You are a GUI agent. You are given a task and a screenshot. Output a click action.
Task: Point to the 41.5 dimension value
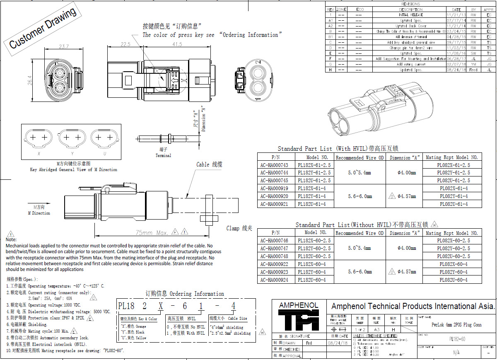coord(177,44)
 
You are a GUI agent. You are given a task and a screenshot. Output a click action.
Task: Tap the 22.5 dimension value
coord(125,44)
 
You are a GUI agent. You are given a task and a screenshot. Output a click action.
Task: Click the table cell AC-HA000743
coord(274,165)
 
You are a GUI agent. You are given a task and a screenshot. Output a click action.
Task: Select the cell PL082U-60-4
coord(453,280)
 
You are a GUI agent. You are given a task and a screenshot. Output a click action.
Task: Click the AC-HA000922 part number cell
coord(274,264)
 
